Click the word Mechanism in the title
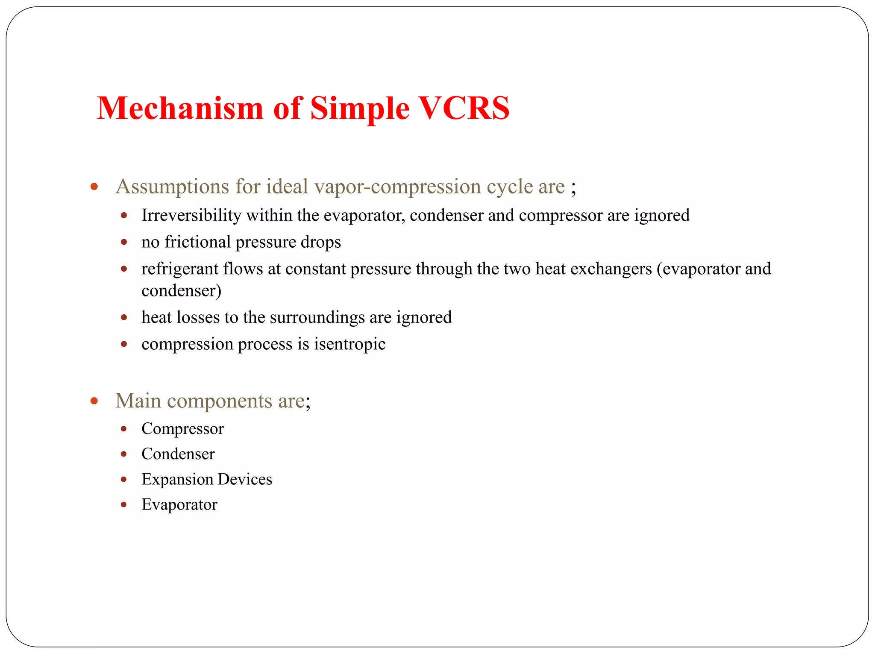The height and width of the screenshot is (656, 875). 180,108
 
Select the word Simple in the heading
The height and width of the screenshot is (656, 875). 360,109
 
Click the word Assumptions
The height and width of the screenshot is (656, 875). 172,187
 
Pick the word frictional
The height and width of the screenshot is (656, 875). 198,242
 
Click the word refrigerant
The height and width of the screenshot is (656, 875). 179,269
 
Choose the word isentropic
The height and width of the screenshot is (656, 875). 349,344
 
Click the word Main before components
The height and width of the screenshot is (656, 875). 138,401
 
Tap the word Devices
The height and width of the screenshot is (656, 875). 245,479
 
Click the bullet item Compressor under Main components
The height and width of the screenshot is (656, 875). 182,429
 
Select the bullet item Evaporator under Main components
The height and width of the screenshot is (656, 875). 179,505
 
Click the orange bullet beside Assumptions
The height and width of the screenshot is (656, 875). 94,187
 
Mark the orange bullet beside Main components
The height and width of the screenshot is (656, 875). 94,401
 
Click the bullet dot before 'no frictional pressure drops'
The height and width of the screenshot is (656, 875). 124,242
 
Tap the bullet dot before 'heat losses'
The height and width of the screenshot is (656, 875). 124,317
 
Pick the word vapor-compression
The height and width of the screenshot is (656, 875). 397,187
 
